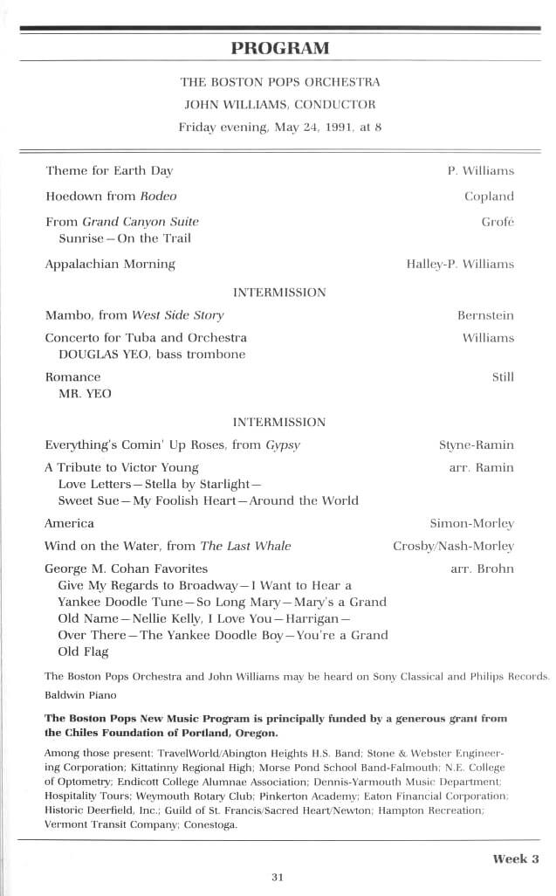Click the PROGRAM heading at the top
click(280, 47)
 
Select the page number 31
click(278, 878)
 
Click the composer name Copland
click(489, 196)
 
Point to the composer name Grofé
click(498, 222)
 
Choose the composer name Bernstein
click(485, 315)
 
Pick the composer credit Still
click(503, 377)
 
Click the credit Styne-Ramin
click(476, 445)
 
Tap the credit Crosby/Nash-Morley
click(453, 547)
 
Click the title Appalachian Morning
click(110, 264)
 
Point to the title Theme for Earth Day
click(109, 171)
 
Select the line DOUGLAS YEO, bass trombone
click(152, 355)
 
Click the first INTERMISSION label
click(279, 293)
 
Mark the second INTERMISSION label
click(279, 422)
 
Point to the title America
click(69, 524)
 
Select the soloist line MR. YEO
click(85, 394)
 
